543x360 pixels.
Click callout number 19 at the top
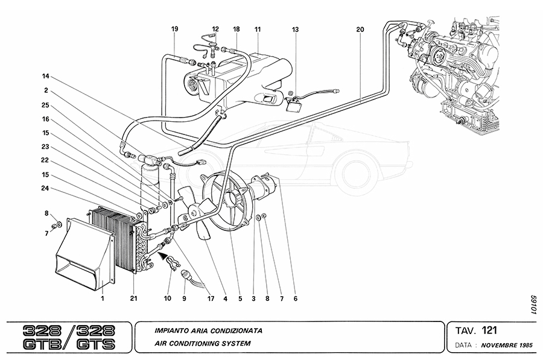(x=174, y=29)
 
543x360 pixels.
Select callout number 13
(x=295, y=29)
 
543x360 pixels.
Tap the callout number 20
(x=360, y=29)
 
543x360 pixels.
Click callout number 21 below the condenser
(x=133, y=298)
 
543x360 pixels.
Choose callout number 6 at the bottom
(x=296, y=298)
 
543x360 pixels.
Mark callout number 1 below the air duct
(x=103, y=298)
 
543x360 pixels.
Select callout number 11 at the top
(x=258, y=29)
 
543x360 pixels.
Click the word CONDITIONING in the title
(x=189, y=344)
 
